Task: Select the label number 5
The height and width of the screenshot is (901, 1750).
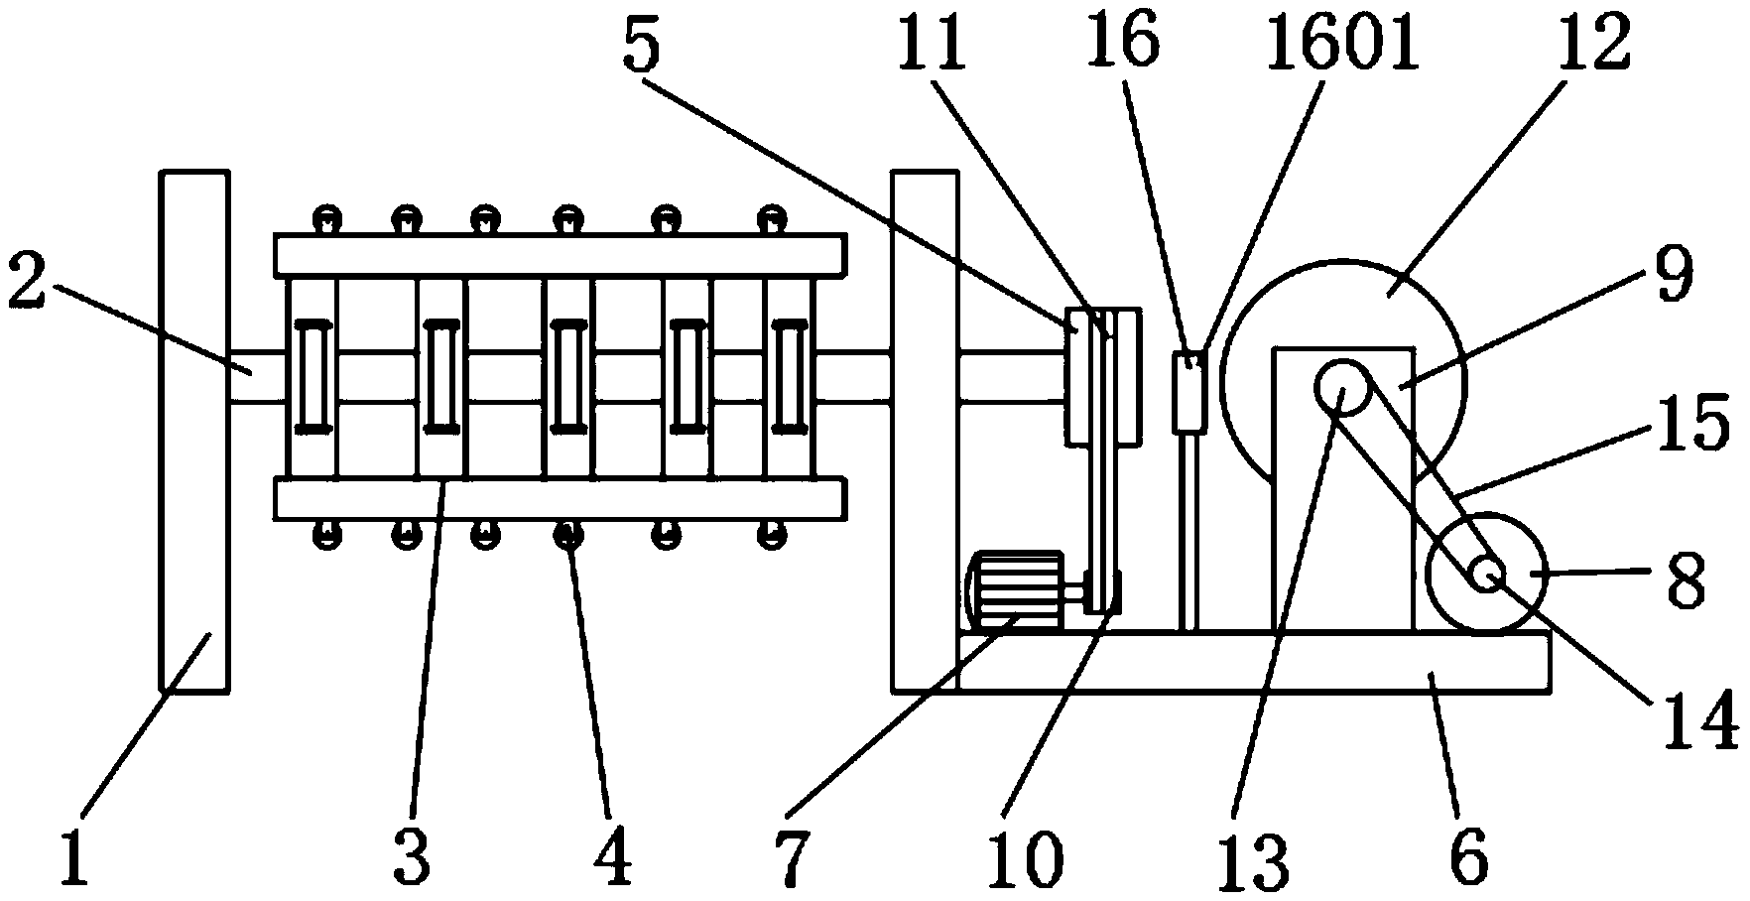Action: [641, 47]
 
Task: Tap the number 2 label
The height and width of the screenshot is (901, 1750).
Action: [27, 284]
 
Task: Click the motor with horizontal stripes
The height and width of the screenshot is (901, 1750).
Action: [1012, 589]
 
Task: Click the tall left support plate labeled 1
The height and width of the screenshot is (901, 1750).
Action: [194, 431]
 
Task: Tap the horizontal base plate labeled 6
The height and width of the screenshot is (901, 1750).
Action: [1250, 662]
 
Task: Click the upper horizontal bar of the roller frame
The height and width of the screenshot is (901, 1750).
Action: [561, 255]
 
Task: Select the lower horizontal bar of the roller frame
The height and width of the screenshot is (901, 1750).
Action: [561, 498]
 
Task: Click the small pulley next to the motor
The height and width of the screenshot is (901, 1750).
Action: [1102, 592]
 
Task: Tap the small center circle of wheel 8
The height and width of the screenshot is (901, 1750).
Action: [1485, 573]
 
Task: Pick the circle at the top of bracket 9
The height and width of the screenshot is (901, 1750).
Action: [1339, 390]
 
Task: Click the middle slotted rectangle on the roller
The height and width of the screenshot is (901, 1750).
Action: [567, 376]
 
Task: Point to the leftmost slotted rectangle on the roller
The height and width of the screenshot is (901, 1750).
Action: [312, 376]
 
